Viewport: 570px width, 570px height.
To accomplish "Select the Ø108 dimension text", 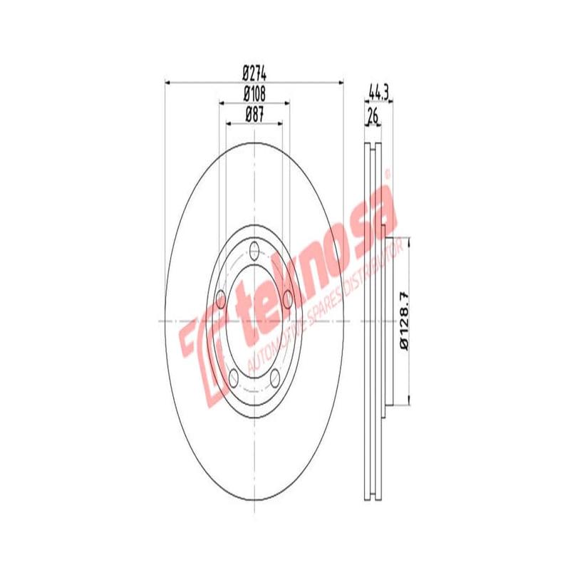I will coord(254,93).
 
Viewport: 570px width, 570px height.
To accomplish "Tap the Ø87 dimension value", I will coord(254,113).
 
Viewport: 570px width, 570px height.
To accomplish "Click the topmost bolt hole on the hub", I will coord(254,250).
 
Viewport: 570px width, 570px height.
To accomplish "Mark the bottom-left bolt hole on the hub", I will coord(234,376).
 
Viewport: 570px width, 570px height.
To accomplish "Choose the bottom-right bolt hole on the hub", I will coord(275,376).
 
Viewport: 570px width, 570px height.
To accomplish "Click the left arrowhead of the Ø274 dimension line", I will coord(169,83).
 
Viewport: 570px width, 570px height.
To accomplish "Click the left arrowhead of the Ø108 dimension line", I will coord(221,103).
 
